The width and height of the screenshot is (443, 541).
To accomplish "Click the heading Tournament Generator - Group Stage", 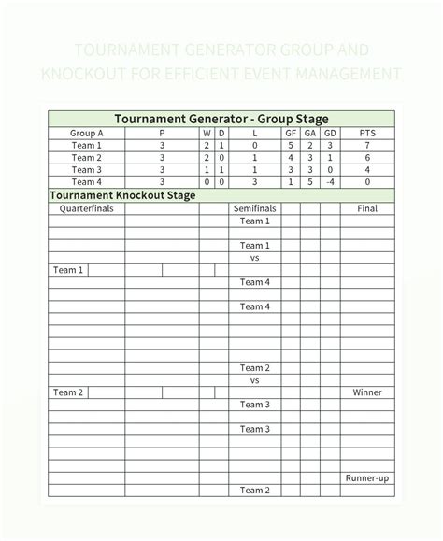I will click(221, 119).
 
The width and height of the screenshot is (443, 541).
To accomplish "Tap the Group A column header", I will click(87, 134).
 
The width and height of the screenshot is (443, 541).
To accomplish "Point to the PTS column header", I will click(367, 134).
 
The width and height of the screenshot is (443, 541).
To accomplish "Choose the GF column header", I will click(291, 134).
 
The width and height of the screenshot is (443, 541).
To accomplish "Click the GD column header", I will click(330, 134).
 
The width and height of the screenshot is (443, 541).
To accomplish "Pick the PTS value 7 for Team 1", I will click(367, 146).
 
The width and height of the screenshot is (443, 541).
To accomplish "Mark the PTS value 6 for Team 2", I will click(367, 158).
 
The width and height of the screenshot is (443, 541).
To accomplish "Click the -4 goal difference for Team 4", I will click(330, 182).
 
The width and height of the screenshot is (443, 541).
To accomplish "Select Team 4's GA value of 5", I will click(310, 182).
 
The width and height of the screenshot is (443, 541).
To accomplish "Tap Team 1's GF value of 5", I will click(291, 146).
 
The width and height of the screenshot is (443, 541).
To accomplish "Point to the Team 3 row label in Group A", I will click(87, 170).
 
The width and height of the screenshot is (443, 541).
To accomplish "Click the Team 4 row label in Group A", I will click(87, 182).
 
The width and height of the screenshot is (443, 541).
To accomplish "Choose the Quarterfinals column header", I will click(87, 208).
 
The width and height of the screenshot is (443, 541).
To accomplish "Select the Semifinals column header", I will click(254, 208).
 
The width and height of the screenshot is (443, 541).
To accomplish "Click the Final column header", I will click(367, 208).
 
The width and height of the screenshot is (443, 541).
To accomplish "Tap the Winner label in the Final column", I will click(367, 392).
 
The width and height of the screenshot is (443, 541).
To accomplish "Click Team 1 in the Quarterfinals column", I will click(68, 270).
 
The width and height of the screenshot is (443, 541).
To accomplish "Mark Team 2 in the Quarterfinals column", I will click(68, 392).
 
